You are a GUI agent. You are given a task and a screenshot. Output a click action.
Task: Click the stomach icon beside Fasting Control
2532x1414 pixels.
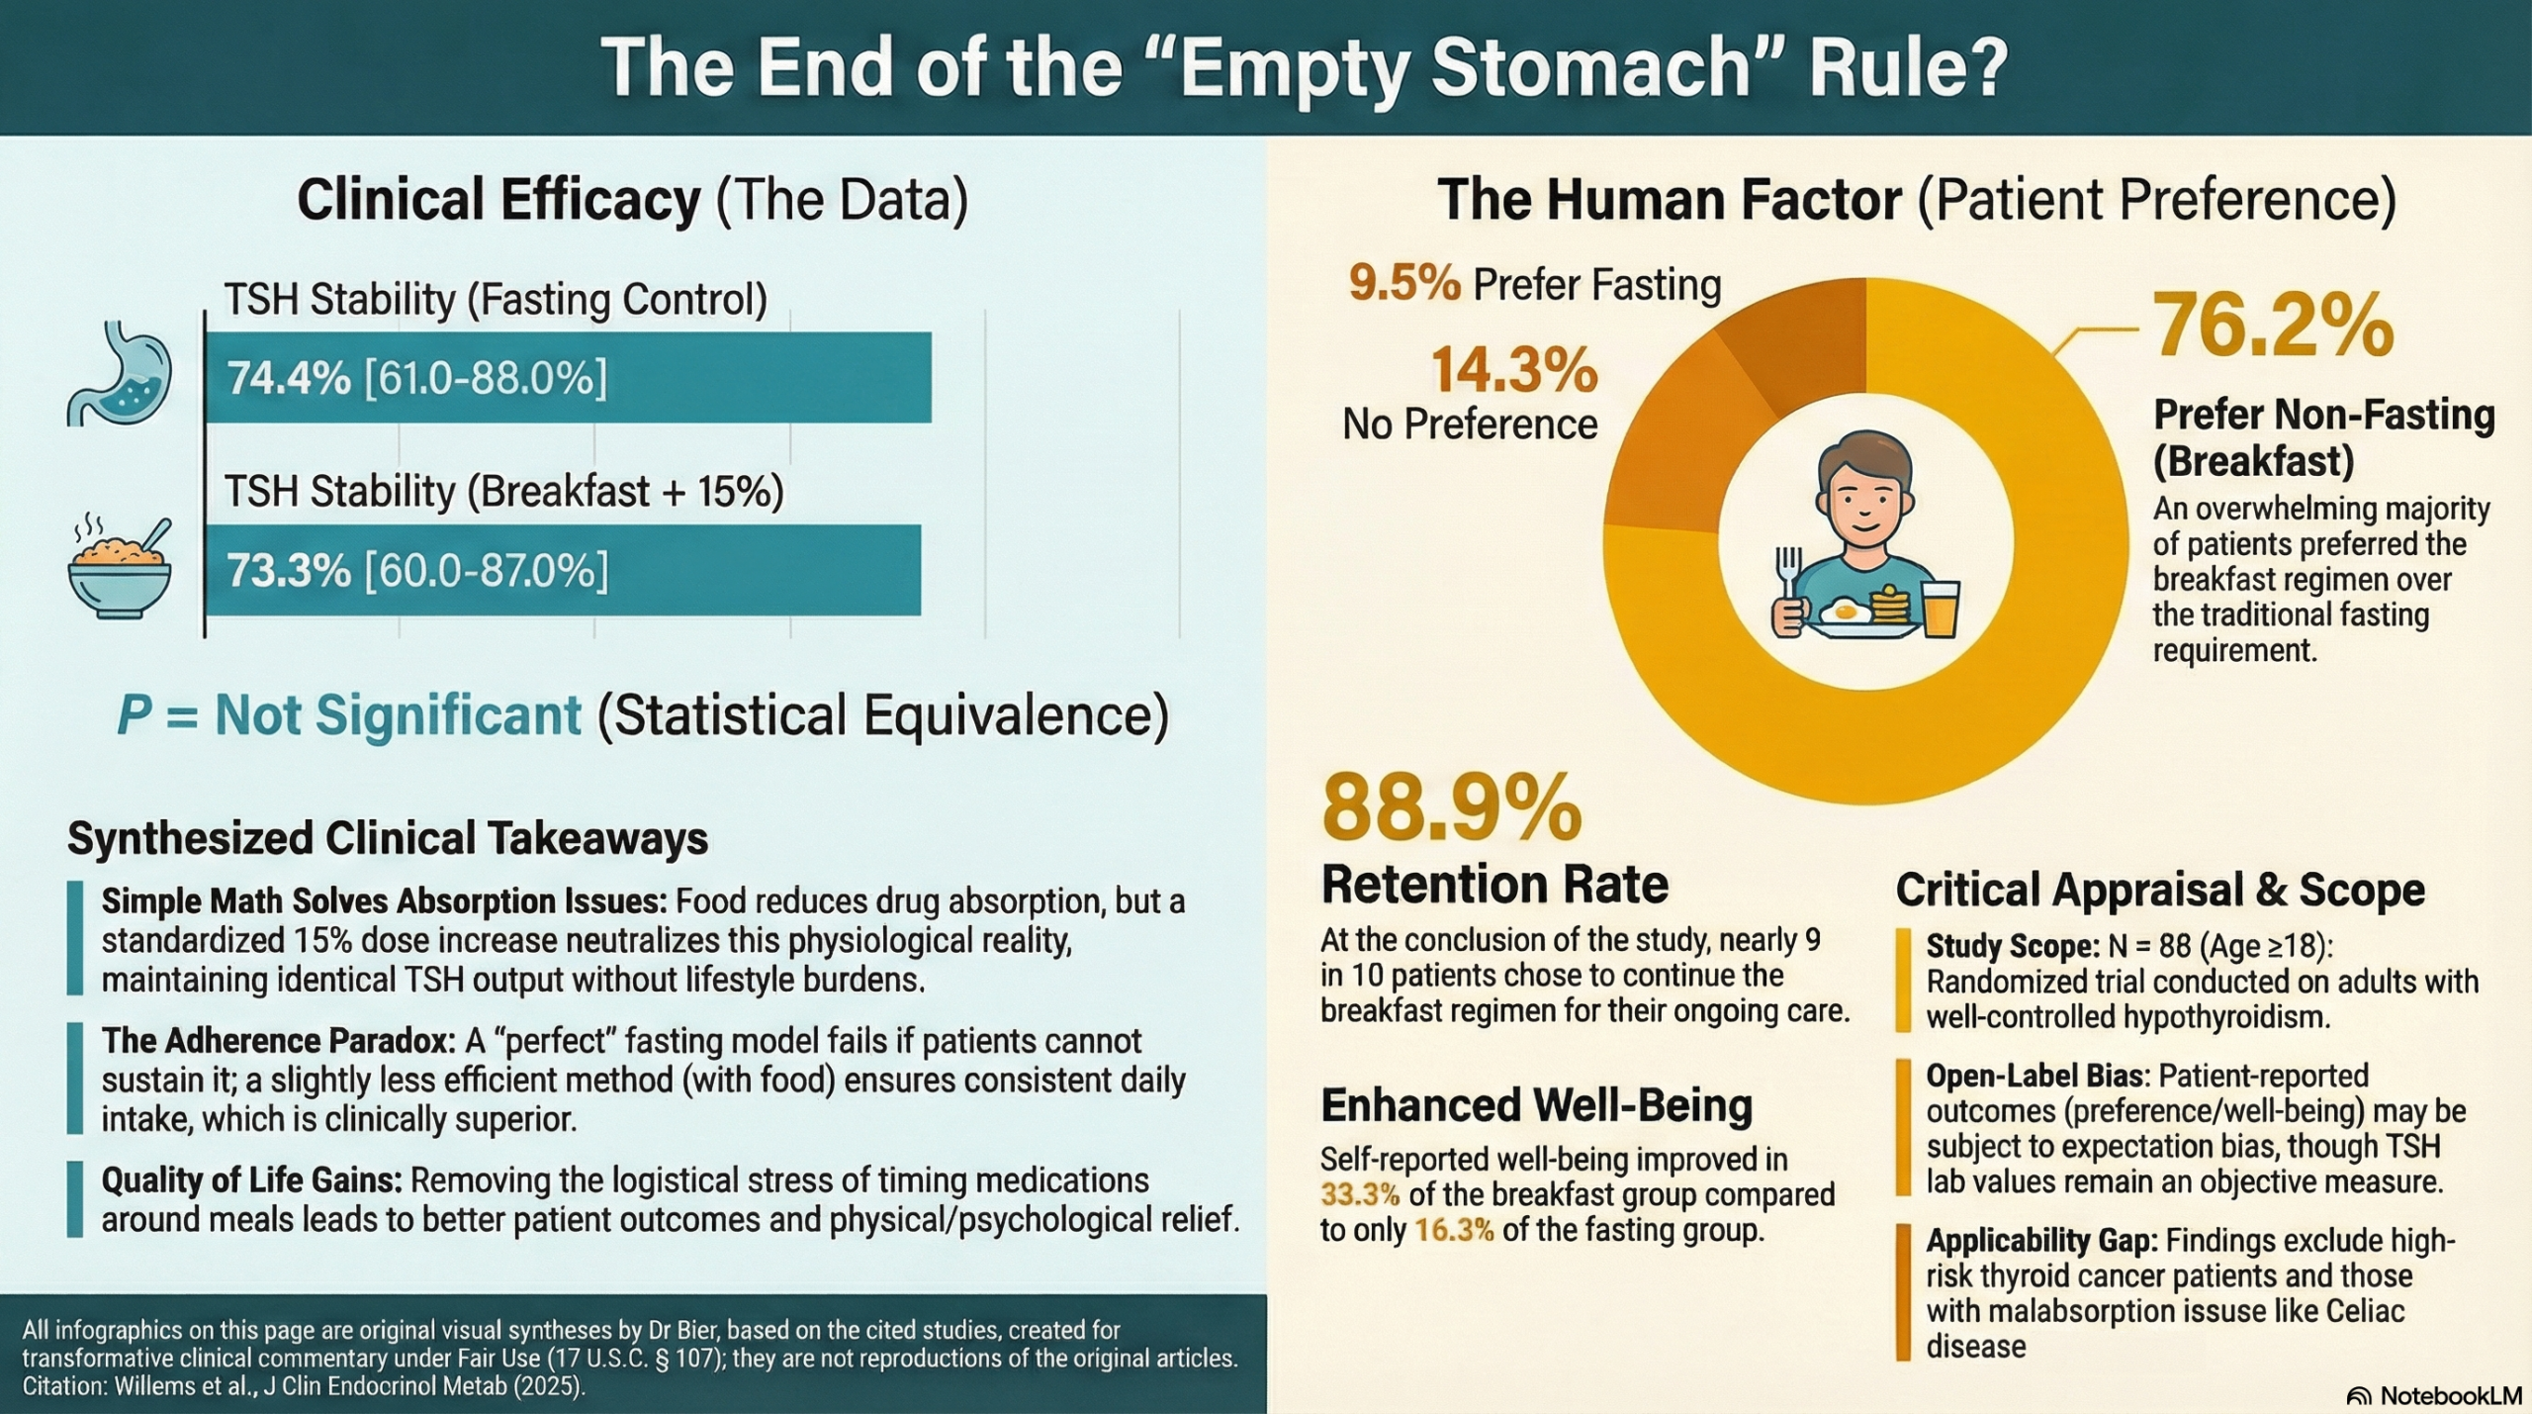click(x=120, y=373)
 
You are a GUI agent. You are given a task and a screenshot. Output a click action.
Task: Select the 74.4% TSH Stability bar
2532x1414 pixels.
click(x=568, y=378)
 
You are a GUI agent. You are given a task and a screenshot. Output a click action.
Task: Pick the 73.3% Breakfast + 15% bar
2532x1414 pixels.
click(x=563, y=570)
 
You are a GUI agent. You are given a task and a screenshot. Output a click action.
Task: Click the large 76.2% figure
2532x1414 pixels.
click(x=2273, y=325)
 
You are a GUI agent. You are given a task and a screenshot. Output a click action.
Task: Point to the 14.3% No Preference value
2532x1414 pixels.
click(x=1514, y=370)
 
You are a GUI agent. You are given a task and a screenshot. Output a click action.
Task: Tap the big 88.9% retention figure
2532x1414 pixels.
click(x=1452, y=807)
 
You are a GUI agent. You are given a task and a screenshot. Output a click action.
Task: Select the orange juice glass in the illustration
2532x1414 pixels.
click(x=1940, y=609)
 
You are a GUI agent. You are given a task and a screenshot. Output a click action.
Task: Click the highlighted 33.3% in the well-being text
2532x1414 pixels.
click(x=1360, y=1194)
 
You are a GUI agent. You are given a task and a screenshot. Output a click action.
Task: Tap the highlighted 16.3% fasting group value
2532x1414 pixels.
click(x=1454, y=1230)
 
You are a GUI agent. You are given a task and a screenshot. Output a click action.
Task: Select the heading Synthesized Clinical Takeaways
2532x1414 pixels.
click(x=388, y=838)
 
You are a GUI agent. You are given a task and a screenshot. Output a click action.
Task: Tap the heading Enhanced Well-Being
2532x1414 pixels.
click(x=1537, y=1105)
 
